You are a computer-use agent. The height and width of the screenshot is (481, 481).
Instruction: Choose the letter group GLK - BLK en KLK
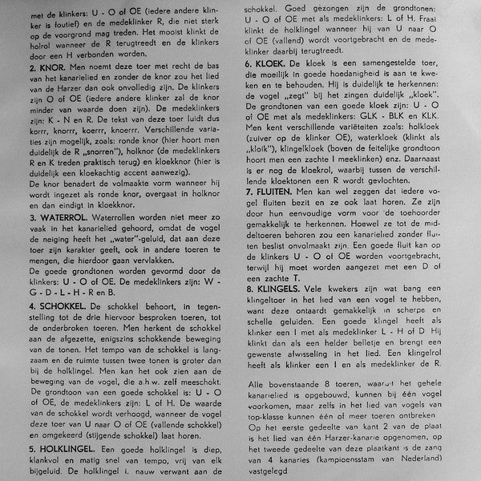pyautogui.click(x=393, y=116)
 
